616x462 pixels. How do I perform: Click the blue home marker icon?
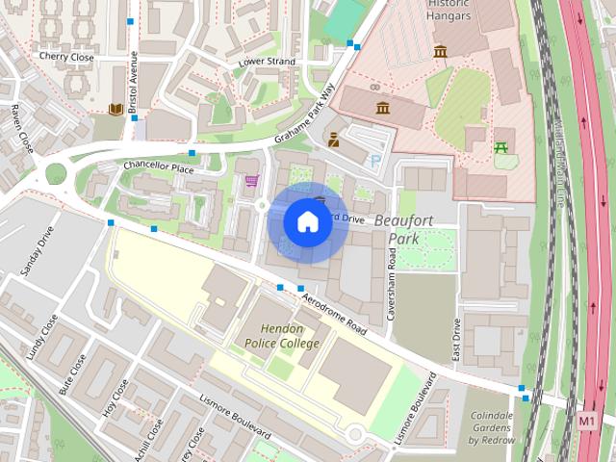[307, 221]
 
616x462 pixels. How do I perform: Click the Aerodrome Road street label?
[334, 315]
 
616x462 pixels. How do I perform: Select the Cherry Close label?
[66, 57]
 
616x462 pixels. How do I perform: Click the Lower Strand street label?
[267, 63]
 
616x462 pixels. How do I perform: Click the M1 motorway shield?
[587, 421]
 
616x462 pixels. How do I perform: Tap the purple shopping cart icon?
[251, 180]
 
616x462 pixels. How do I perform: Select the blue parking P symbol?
[375, 163]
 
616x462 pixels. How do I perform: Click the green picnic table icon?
[500, 147]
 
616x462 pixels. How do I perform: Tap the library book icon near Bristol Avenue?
[116, 109]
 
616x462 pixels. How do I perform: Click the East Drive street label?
[456, 340]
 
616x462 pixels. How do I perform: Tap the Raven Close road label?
[20, 129]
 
